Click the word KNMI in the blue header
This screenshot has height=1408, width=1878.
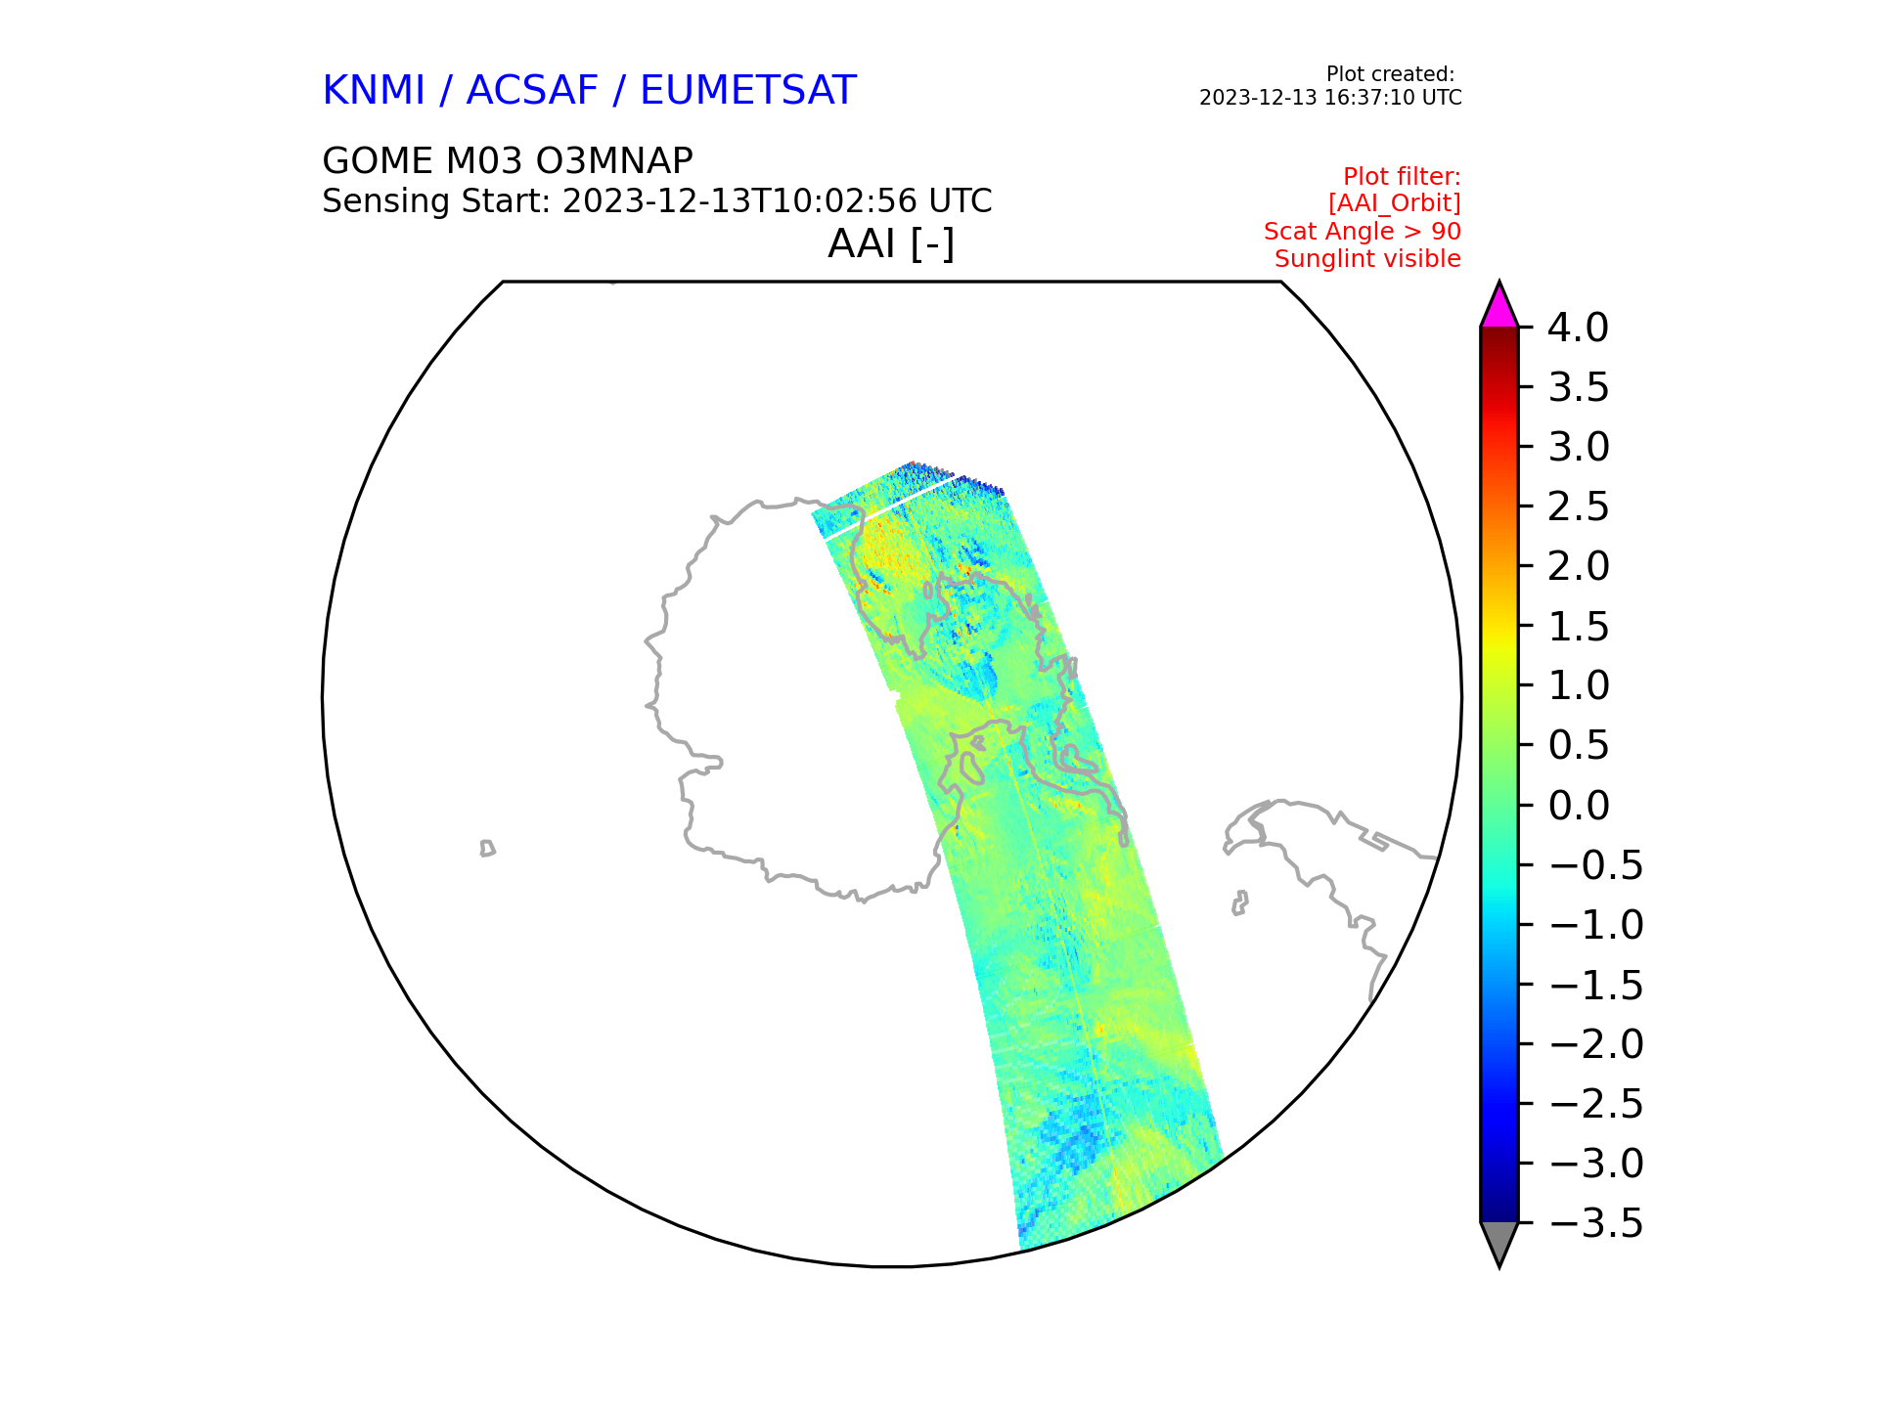[374, 91]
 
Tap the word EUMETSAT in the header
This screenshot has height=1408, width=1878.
[748, 91]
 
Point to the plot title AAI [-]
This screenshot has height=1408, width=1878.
[891, 243]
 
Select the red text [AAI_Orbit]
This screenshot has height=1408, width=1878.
[1394, 203]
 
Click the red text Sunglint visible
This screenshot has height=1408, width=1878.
[1367, 259]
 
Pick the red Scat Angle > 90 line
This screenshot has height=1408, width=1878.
[1362, 232]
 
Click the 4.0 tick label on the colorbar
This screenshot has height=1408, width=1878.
[1578, 329]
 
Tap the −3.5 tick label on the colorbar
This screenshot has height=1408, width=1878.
[1596, 1223]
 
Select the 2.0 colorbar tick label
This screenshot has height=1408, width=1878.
[1578, 567]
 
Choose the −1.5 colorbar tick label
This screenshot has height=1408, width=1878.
[1596, 985]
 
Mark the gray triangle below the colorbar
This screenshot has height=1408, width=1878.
[1498, 1241]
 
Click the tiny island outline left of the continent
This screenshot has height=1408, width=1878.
[487, 848]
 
